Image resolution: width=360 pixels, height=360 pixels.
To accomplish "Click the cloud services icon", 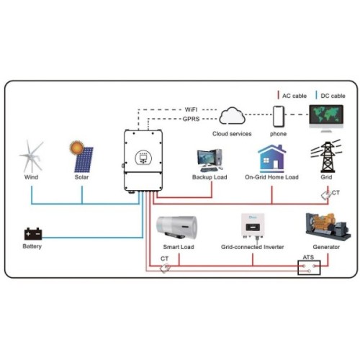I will point(233,116).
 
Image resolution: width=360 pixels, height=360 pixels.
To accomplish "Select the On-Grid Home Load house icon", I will point(272,158).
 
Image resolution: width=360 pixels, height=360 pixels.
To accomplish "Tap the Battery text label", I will point(32,247).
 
